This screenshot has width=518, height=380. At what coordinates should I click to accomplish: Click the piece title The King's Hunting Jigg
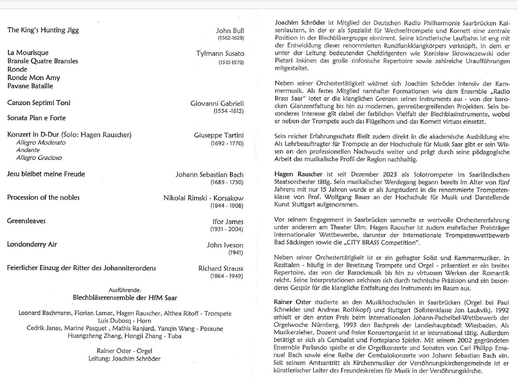tap(43, 30)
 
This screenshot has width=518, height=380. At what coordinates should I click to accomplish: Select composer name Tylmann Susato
tap(220, 53)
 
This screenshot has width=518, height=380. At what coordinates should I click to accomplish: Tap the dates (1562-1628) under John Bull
tap(231, 38)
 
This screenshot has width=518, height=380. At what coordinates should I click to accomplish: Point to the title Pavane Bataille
tap(30, 86)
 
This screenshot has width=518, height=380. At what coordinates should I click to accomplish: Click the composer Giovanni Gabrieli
tap(217, 103)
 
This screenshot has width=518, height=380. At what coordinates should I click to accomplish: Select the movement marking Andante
tap(28, 150)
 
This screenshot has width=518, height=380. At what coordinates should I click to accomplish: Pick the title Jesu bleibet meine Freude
tap(46, 174)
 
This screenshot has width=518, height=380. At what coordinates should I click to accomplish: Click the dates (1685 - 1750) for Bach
tap(227, 182)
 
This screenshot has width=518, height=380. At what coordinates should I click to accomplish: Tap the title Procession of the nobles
tap(43, 197)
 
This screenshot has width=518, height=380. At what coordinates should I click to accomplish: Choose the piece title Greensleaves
tap(26, 221)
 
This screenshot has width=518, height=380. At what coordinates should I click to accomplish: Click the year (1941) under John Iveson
tap(236, 253)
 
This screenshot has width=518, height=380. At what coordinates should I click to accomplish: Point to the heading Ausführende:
tap(125, 290)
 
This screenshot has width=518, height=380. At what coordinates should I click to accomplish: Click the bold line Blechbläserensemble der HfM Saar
tap(125, 298)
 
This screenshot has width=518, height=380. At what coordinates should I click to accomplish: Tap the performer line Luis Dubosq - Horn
tap(125, 320)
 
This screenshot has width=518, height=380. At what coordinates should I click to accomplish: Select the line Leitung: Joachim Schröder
tap(125, 358)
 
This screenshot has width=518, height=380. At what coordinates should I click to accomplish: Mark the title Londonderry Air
tap(32, 244)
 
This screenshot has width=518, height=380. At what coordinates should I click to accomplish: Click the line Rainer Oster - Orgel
tap(125, 351)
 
